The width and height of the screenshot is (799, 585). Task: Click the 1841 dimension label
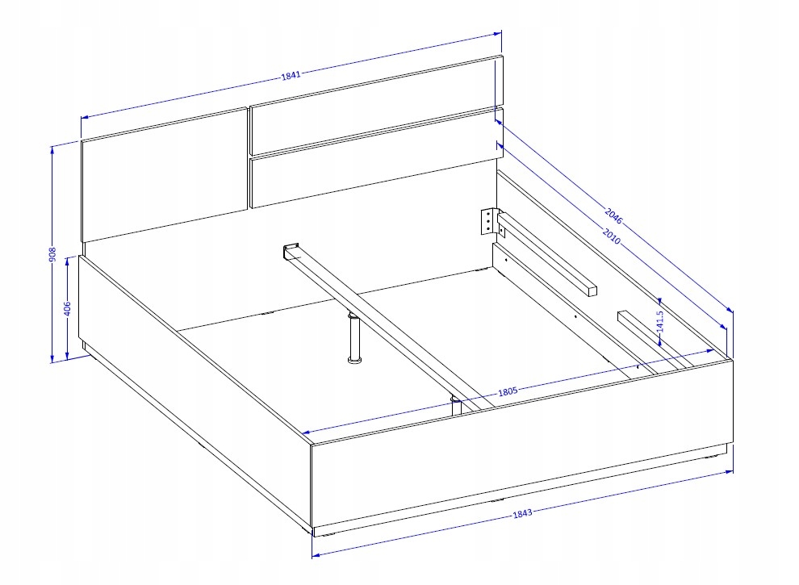tap(291, 75)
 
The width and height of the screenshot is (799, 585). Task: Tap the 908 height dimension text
tap(52, 255)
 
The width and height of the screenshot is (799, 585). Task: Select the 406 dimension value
tap(67, 309)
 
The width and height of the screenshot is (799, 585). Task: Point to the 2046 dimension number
tap(613, 216)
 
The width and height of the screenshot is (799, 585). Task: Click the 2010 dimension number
tap(612, 236)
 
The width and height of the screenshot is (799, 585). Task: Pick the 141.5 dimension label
tap(660, 321)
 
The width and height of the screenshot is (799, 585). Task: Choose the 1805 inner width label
tap(508, 391)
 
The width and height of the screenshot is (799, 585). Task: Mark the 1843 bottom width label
tap(522, 512)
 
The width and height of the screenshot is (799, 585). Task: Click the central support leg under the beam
tap(353, 338)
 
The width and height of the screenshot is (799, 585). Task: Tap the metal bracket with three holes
tap(488, 221)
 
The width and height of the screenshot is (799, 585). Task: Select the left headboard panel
tap(165, 175)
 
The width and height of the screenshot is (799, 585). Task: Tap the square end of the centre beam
tap(291, 251)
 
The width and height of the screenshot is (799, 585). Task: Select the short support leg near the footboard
tap(456, 406)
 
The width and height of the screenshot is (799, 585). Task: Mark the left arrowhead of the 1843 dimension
tap(316, 554)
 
